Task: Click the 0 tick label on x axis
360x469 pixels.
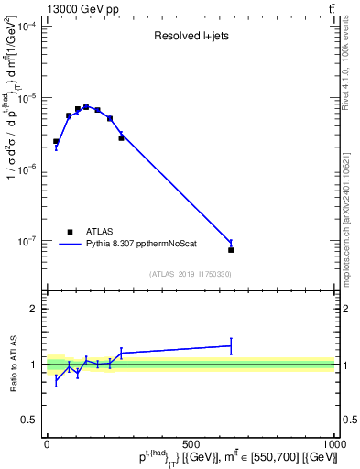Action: pos(47,444)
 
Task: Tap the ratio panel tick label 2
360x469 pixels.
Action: pos(33,309)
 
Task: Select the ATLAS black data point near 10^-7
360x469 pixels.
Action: pos(231,249)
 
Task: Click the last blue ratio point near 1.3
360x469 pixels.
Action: pos(231,345)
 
